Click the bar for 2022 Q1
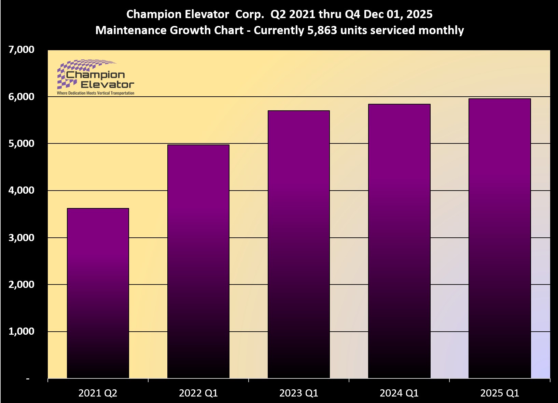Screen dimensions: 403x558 (x=198, y=261)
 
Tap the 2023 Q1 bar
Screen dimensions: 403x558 (x=298, y=244)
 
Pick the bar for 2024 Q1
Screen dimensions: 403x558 (x=399, y=241)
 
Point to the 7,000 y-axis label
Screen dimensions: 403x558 (x=21, y=50)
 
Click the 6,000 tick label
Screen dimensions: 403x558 (x=21, y=97)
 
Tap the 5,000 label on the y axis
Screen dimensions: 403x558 (x=21, y=143)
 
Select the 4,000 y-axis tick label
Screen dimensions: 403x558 (x=21, y=190)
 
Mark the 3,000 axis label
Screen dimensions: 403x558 (x=21, y=237)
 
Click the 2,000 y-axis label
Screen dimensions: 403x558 (x=21, y=284)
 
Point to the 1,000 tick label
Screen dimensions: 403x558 (x=21, y=331)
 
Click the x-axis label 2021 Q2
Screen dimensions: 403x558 (x=98, y=393)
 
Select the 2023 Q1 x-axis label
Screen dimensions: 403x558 (x=298, y=393)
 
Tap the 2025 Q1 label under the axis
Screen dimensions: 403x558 (x=499, y=393)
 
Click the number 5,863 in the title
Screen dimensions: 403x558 (x=322, y=30)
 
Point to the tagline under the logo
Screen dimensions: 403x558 (x=96, y=93)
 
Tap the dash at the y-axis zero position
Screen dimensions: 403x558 (x=28, y=379)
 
